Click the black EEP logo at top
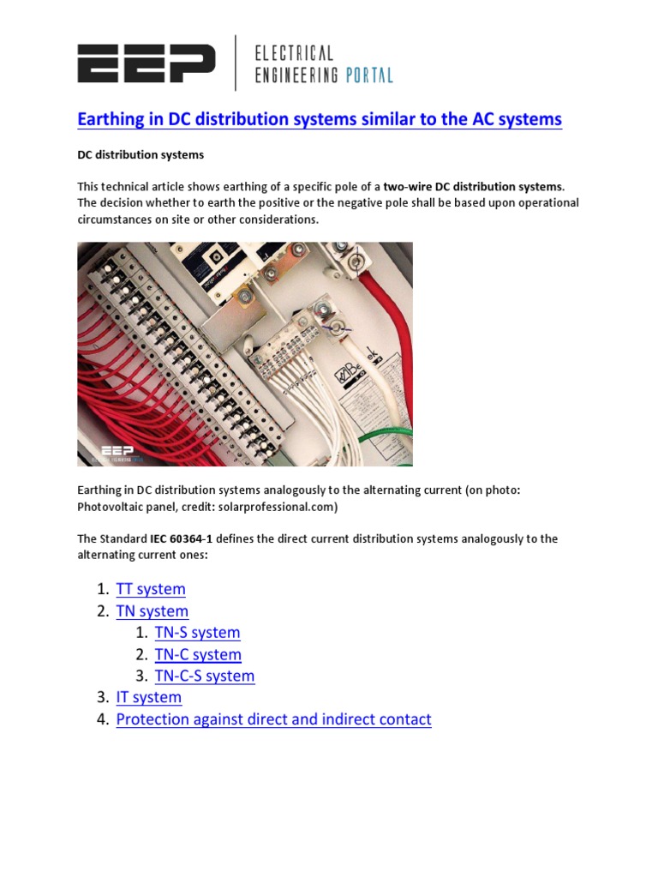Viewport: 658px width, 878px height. [146, 64]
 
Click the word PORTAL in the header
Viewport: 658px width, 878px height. [368, 75]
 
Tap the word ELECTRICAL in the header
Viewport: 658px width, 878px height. [295, 54]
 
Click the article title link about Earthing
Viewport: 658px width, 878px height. [320, 119]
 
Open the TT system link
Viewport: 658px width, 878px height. [151, 589]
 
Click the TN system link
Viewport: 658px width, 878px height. [152, 611]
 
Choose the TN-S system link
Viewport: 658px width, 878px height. [197, 633]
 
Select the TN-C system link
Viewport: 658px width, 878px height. [198, 654]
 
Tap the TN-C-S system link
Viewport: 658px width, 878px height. [205, 676]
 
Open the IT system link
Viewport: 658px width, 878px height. [149, 697]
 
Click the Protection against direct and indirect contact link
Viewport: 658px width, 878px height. [273, 719]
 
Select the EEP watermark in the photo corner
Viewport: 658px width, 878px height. [117, 452]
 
